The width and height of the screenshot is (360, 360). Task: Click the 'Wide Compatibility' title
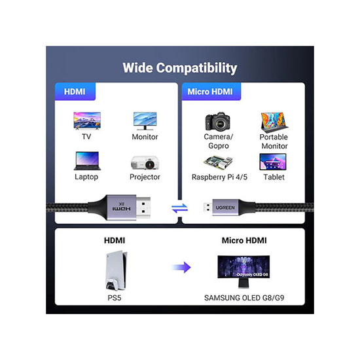click(x=180, y=68)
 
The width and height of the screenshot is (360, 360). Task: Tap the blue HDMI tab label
click(x=75, y=92)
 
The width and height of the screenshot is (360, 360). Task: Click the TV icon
click(x=87, y=121)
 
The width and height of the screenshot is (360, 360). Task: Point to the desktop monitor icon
click(x=145, y=121)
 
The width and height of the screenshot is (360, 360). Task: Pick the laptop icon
click(x=87, y=161)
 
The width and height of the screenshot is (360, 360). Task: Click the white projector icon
click(x=145, y=162)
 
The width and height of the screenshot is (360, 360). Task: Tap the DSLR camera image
click(x=217, y=121)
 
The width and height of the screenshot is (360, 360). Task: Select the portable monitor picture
click(x=274, y=122)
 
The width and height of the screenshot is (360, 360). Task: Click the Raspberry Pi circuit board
click(x=218, y=162)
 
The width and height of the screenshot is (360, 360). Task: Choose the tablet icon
click(x=273, y=162)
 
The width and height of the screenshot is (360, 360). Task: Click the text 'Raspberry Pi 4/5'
click(x=219, y=177)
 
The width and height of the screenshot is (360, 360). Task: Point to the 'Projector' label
click(x=145, y=177)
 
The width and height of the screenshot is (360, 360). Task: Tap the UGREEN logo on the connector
click(x=225, y=207)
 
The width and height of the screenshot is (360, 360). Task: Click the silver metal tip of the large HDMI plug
click(x=143, y=207)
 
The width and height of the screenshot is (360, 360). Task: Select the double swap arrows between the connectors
click(x=180, y=208)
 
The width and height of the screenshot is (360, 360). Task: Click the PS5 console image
click(x=116, y=271)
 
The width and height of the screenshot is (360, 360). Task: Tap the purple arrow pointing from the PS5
click(x=181, y=267)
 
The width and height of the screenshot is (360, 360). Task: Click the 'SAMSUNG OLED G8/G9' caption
click(x=244, y=298)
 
